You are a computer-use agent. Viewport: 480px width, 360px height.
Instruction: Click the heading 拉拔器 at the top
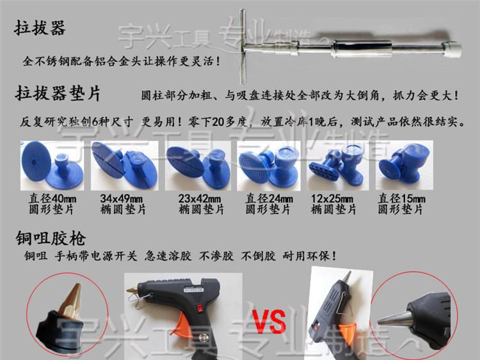point(40,28)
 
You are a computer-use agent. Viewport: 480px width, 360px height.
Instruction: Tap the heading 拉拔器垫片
point(58,93)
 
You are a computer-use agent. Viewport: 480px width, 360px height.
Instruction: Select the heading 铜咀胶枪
point(51,239)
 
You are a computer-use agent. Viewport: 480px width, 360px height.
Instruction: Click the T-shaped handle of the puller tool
point(243,47)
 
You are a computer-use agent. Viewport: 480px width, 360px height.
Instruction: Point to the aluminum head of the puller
point(451,49)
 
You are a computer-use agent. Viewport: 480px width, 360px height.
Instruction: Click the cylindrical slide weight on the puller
point(361,49)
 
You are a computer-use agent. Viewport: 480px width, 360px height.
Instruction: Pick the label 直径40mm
point(52,199)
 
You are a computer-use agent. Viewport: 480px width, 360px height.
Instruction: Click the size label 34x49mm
point(121,199)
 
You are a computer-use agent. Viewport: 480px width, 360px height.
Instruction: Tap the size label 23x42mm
point(200,199)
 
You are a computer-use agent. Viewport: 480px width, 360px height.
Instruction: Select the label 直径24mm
point(269,199)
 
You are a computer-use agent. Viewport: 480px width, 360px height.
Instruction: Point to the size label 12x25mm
point(332,199)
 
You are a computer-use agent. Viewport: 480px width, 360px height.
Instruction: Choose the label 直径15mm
point(401,199)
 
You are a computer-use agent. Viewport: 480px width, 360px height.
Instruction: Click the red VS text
point(269,322)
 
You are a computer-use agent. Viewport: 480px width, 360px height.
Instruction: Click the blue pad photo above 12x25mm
point(338,166)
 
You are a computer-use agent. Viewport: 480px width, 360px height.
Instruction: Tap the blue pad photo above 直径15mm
point(404,166)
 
